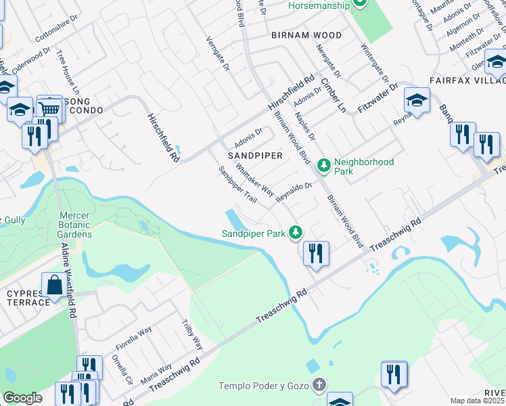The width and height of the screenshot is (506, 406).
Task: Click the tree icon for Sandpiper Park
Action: [296, 233]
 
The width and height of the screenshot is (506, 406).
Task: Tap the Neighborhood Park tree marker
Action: [324, 164]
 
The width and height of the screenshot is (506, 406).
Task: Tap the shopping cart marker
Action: [49, 108]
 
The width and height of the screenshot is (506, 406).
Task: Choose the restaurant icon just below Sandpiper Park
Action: [316, 254]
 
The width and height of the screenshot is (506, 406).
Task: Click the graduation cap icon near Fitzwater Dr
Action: [417, 101]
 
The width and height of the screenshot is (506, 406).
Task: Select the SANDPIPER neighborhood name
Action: [254, 155]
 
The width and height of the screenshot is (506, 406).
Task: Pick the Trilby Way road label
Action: [193, 335]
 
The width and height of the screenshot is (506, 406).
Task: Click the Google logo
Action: [23, 398]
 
